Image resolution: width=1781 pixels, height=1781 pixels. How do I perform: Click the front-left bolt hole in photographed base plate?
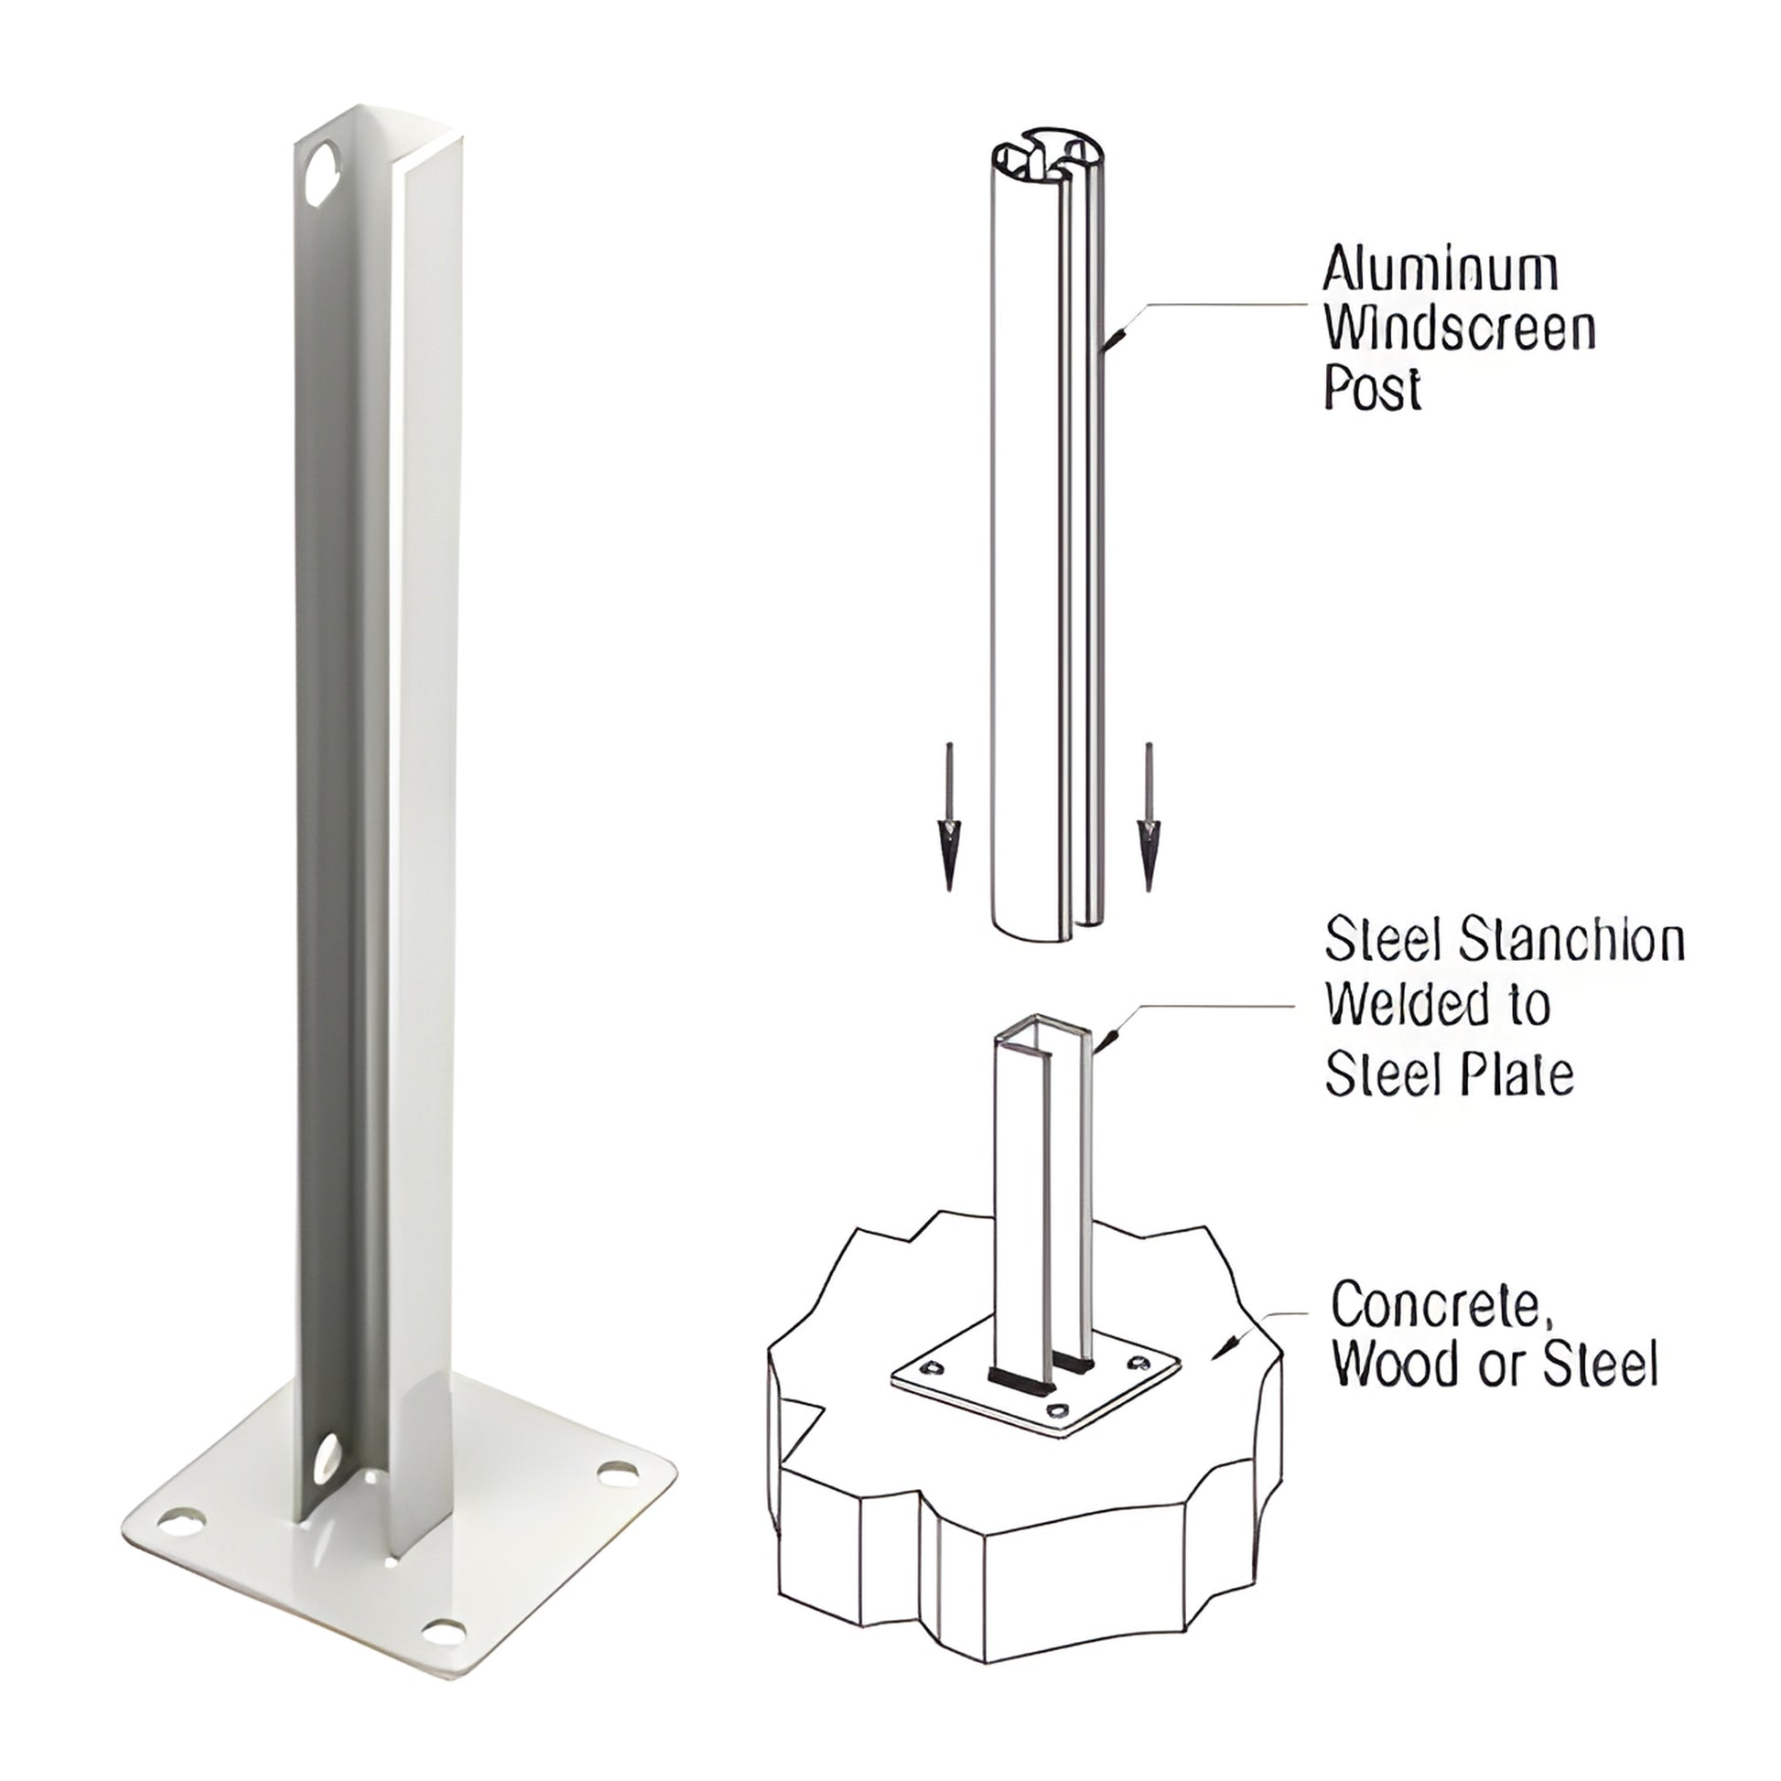(x=182, y=1517)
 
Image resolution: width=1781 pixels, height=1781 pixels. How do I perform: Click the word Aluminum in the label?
(x=1440, y=270)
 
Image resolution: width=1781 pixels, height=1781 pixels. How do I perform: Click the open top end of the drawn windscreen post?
(x=1047, y=150)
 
